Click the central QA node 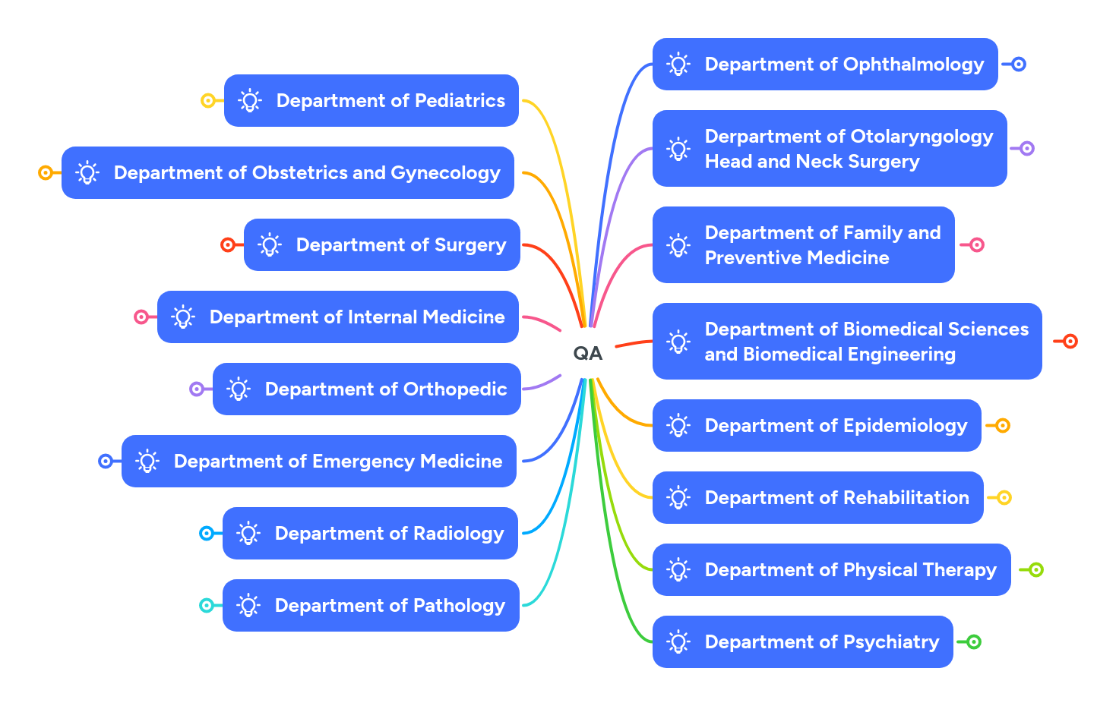click(x=587, y=353)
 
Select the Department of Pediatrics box click(x=371, y=100)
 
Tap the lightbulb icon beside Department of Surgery click(x=270, y=244)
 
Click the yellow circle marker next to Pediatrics click(x=207, y=100)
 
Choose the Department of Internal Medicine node click(x=338, y=317)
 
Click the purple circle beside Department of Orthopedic click(x=197, y=389)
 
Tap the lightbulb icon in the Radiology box click(x=248, y=533)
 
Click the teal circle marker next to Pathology click(x=206, y=605)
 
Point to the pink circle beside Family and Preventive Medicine click(x=977, y=244)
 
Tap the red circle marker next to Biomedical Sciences click(x=1070, y=341)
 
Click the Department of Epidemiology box click(x=817, y=425)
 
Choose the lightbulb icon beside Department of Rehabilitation click(x=678, y=497)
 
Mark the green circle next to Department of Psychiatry click(x=974, y=641)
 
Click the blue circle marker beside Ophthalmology click(x=1019, y=65)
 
